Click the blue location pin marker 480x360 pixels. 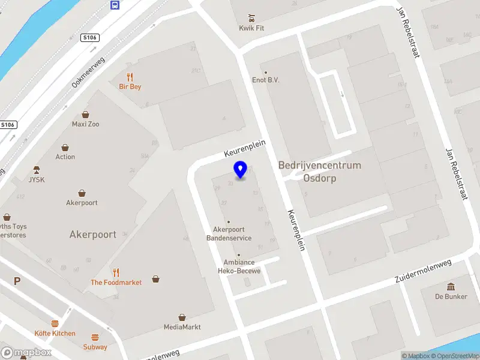point(241,169)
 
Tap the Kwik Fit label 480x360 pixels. point(251,28)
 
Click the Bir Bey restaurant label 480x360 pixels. point(130,86)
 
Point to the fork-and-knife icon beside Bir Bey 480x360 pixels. point(130,76)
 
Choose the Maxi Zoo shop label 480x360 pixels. point(86,124)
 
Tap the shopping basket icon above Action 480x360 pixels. point(65,147)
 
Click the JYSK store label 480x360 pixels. point(37,179)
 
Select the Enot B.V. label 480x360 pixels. point(266,80)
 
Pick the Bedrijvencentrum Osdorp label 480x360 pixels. point(319,172)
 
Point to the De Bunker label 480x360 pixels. point(452,296)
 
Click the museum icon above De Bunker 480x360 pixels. point(451,286)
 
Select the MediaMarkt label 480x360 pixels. point(182,327)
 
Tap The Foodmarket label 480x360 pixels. point(116,282)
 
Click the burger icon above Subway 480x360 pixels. point(95,337)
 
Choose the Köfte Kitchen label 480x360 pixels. point(55,333)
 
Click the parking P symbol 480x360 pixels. point(17,281)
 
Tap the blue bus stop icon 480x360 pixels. point(115,5)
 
